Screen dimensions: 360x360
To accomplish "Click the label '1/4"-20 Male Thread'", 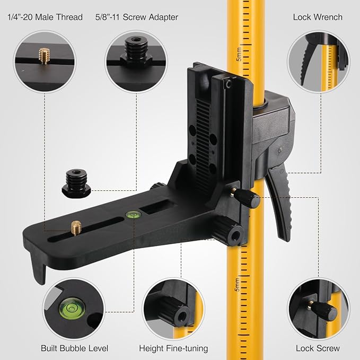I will [46, 17].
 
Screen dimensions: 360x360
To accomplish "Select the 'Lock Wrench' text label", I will [318, 17].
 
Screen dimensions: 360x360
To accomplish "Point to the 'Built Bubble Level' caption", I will [74, 348].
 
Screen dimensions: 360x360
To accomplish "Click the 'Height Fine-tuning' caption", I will [173, 348].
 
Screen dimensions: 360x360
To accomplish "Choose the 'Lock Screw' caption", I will [318, 348].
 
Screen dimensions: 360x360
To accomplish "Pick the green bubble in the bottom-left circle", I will [69, 306].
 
